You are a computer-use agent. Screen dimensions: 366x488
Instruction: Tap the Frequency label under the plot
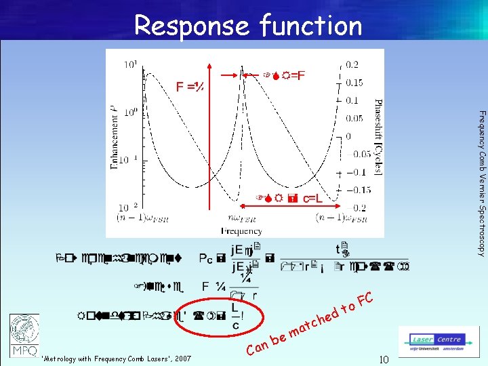(x=241, y=231)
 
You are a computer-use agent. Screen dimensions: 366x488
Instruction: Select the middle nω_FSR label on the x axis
(x=241, y=219)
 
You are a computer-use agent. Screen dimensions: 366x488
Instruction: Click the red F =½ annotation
(x=191, y=87)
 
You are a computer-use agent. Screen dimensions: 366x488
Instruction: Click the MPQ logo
(x=24, y=335)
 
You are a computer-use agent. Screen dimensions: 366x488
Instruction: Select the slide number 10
(x=383, y=359)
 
